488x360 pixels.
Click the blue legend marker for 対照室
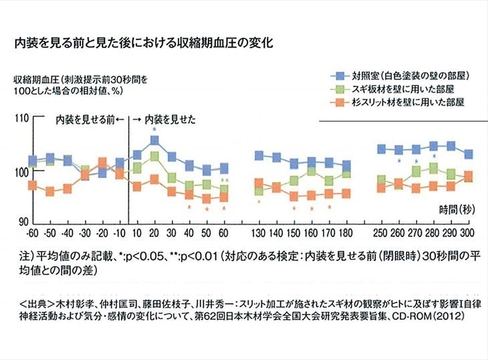[338, 76]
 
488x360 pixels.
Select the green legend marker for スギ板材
[338, 89]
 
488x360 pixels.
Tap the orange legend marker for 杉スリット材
[338, 102]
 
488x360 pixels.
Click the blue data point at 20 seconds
[154, 141]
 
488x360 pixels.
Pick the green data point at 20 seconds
[154, 156]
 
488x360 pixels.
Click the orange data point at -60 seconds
[32, 185]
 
